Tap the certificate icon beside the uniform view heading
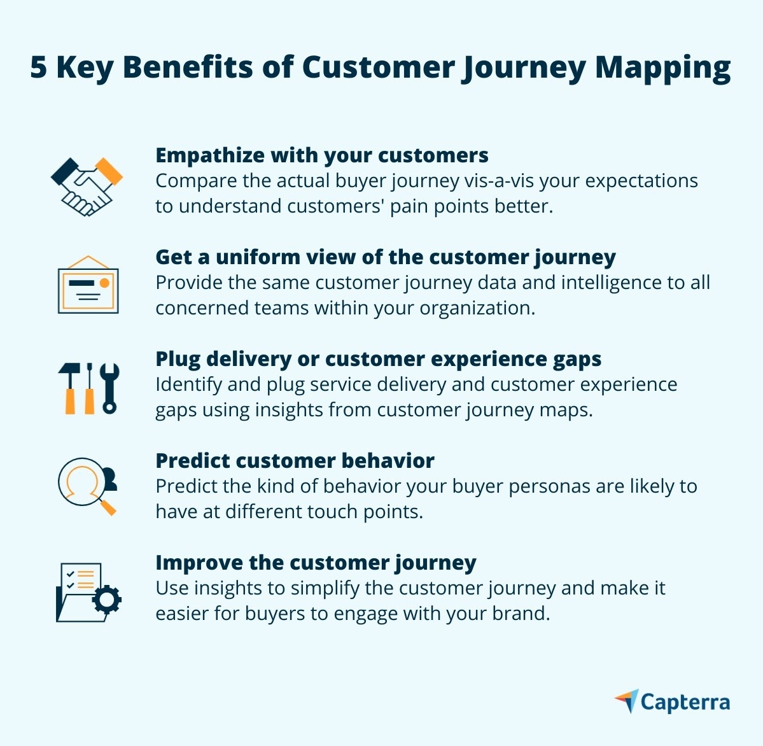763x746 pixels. point(88,286)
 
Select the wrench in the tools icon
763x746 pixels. point(110,388)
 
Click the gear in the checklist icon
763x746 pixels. point(106,599)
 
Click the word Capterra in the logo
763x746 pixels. point(685,702)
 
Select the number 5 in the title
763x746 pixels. point(38,67)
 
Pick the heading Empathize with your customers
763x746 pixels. point(322,155)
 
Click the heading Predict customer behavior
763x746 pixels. point(295,460)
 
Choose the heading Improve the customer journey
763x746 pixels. point(316,563)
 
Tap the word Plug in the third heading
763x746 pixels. point(178,359)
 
